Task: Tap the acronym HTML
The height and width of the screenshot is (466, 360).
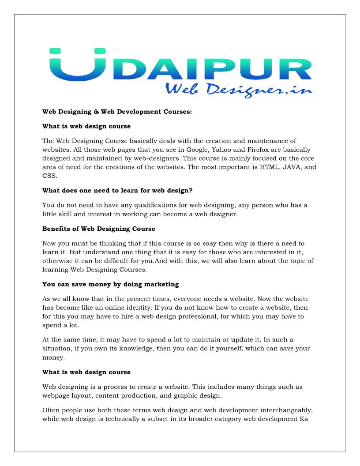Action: pos(267,167)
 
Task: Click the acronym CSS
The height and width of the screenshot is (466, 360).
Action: pos(49,176)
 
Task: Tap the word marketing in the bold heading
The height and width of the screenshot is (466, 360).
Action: pos(162,284)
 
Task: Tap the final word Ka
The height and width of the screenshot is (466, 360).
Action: pos(303,419)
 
